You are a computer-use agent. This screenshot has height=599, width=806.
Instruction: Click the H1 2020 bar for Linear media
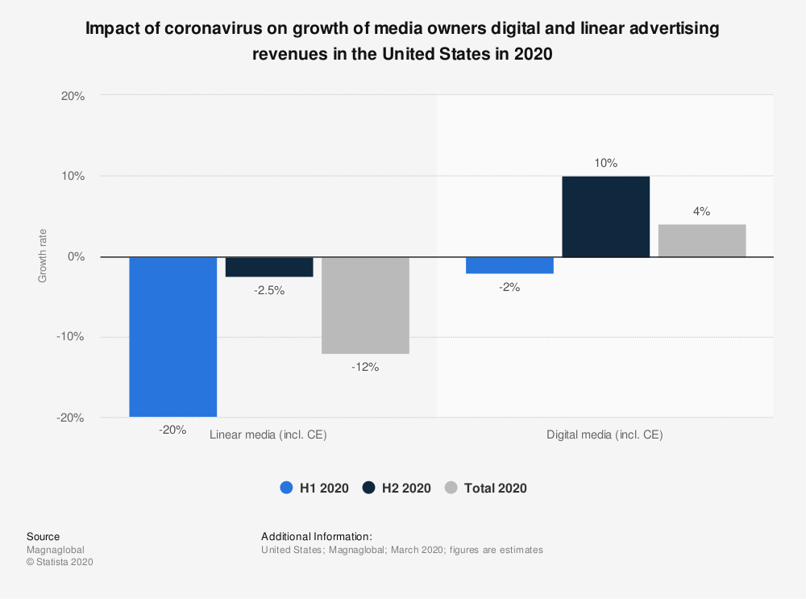click(x=172, y=336)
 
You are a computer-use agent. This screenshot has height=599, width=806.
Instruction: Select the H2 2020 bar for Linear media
click(x=269, y=267)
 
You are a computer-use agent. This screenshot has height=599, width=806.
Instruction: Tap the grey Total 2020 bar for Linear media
click(x=365, y=305)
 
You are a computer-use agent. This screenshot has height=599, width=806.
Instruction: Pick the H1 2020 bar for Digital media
click(x=509, y=265)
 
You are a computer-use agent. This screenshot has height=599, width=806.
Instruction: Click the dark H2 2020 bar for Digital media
click(x=605, y=216)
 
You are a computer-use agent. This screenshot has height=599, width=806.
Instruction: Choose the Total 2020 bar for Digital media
click(x=702, y=240)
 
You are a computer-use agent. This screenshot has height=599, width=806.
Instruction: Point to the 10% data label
click(x=606, y=163)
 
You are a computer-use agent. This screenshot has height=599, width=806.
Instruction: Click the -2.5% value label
click(x=269, y=290)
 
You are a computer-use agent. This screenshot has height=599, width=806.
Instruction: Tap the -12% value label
click(x=365, y=367)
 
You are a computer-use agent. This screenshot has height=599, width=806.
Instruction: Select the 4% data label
click(x=702, y=211)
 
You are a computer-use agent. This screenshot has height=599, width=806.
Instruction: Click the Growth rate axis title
click(x=43, y=257)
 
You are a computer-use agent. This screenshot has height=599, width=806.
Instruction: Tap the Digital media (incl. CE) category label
click(x=604, y=435)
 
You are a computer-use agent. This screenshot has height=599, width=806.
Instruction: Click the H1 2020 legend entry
click(x=314, y=488)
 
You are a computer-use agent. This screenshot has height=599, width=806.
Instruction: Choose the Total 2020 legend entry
click(x=486, y=488)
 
